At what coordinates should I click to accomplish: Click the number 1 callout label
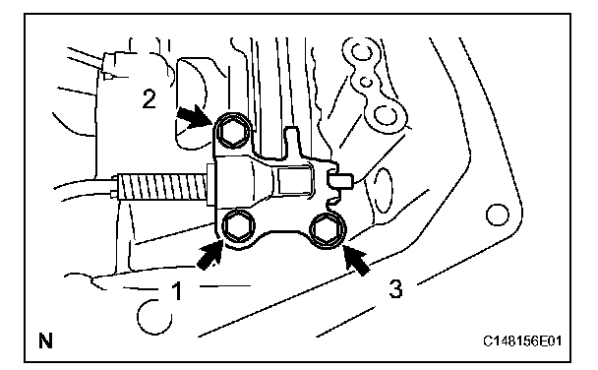click(x=177, y=290)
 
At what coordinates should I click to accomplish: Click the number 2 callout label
click(x=149, y=98)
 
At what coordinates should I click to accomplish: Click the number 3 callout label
click(x=395, y=288)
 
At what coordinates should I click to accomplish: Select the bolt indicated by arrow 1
click(x=236, y=226)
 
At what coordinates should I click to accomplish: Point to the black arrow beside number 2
click(x=195, y=115)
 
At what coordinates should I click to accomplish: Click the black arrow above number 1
click(x=209, y=256)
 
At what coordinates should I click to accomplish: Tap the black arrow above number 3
click(x=357, y=260)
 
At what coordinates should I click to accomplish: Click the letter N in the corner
click(x=45, y=340)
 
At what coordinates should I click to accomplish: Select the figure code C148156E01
click(x=522, y=340)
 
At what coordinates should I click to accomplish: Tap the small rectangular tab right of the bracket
click(x=340, y=180)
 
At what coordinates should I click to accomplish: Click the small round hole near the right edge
click(x=498, y=215)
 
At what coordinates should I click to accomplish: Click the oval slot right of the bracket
click(x=383, y=192)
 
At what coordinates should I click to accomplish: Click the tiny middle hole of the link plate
click(x=366, y=82)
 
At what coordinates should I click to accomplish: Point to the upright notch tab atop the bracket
click(x=292, y=142)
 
